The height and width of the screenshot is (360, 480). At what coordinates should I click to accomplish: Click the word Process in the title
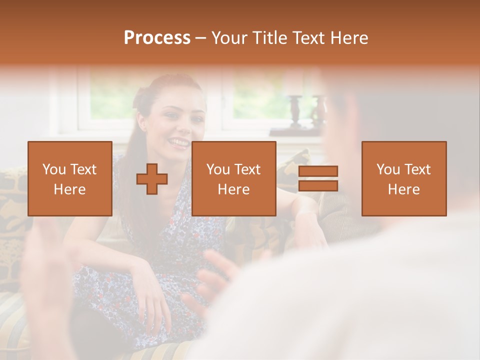[157, 38]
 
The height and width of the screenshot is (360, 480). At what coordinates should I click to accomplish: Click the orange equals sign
[318, 178]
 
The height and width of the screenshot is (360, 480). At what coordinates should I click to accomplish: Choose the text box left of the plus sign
[70, 178]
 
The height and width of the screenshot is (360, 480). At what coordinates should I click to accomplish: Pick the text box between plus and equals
[233, 178]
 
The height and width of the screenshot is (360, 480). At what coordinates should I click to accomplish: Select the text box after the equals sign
[404, 178]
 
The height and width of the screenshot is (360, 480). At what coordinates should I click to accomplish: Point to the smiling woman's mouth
[177, 143]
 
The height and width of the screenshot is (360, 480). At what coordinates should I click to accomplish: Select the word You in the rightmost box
[388, 170]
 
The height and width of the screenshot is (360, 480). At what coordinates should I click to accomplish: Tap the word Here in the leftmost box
[70, 189]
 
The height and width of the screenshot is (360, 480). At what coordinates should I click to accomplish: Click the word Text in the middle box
[248, 170]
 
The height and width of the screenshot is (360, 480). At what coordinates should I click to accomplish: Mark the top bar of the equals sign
[318, 171]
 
